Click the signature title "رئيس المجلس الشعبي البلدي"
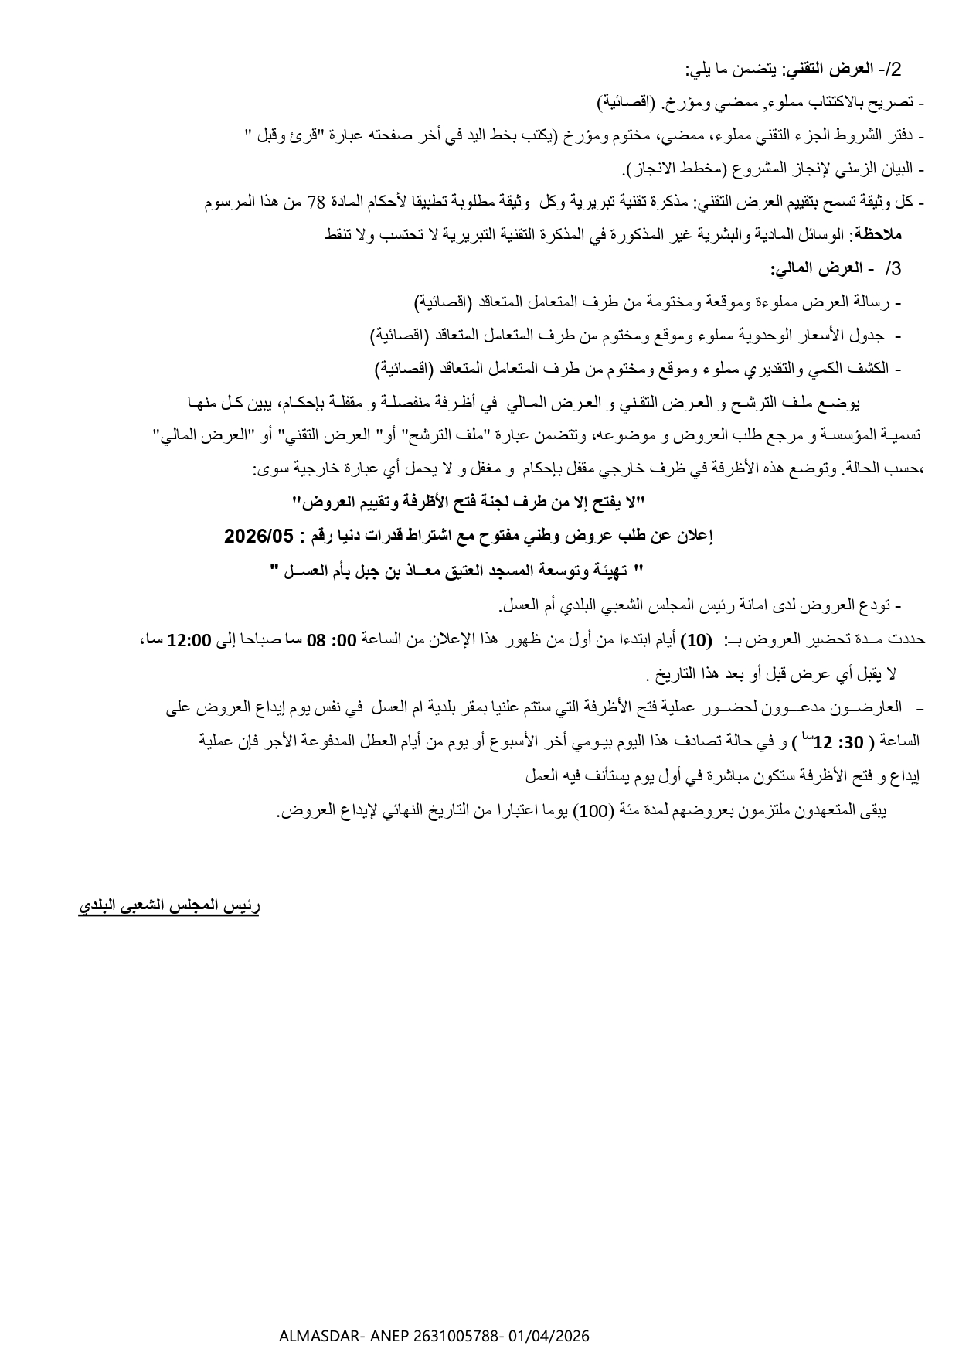(x=169, y=906)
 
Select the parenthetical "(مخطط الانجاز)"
(x=673, y=169)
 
